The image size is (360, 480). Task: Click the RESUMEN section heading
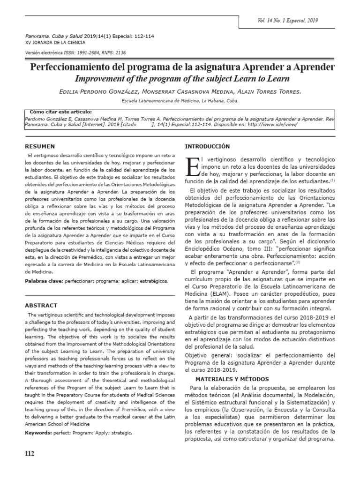tap(40, 146)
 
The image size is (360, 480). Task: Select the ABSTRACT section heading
tap(41, 305)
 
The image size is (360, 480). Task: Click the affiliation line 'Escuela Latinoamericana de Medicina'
tap(180, 101)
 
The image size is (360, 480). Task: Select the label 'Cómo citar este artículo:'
tap(60, 112)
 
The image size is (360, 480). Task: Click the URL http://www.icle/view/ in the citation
tap(273, 125)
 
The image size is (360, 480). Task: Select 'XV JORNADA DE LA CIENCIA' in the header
tap(52, 43)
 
